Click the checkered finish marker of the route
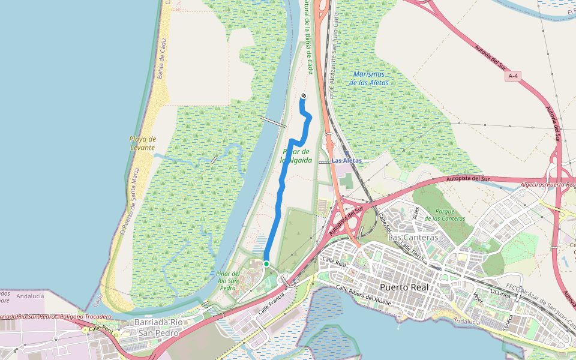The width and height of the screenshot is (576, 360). click(304, 96)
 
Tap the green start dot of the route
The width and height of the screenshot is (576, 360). click(266, 263)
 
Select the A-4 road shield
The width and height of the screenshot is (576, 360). click(512, 76)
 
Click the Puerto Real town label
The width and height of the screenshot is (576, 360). click(403, 287)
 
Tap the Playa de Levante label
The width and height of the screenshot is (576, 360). click(142, 143)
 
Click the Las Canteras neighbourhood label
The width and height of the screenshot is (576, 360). click(413, 238)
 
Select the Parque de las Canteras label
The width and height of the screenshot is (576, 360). click(445, 214)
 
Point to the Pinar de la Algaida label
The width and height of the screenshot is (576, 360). click(296, 156)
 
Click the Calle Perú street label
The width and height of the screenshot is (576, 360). click(101, 329)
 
